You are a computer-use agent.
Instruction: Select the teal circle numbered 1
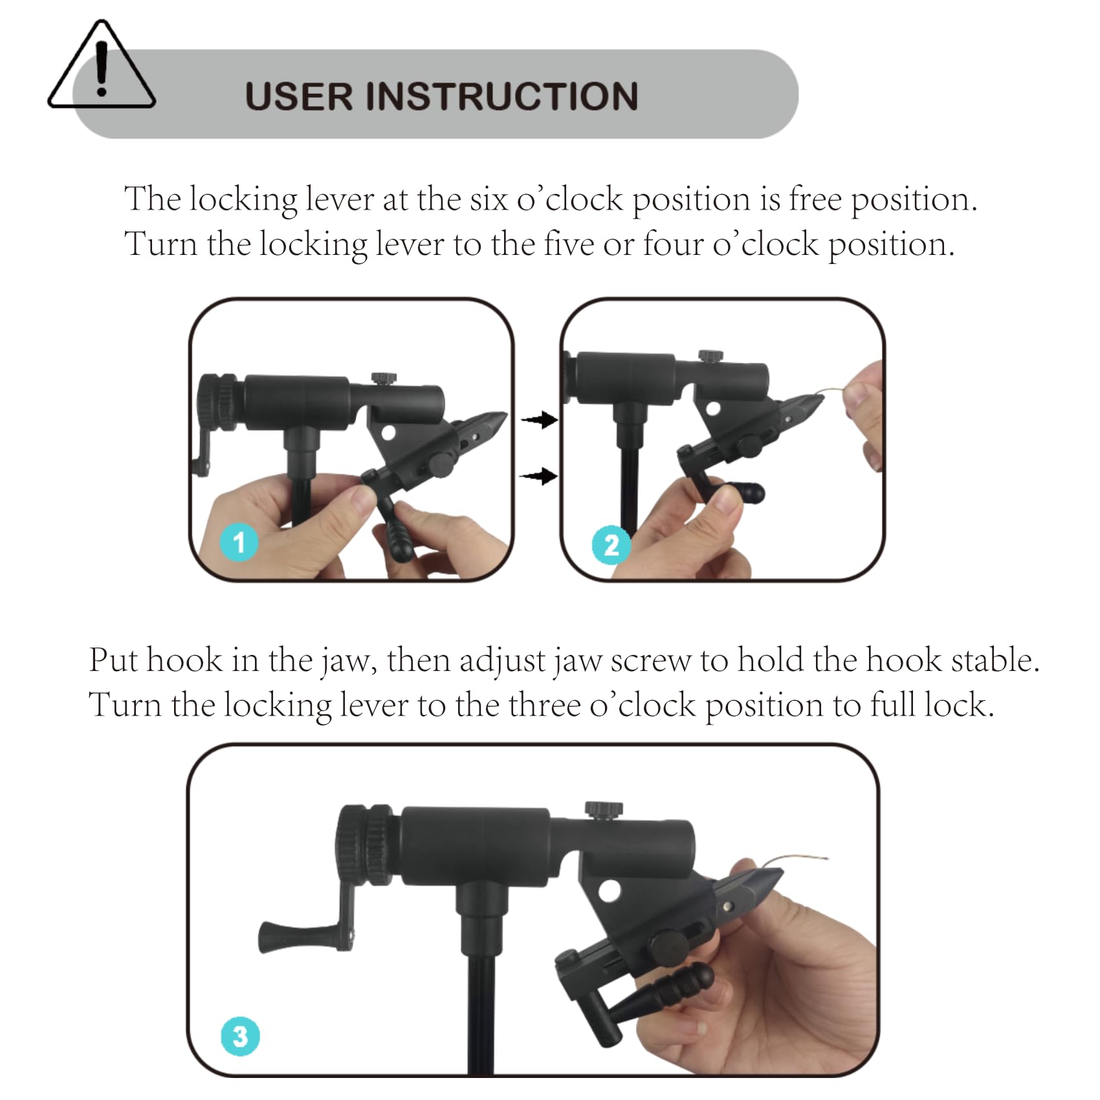[239, 542]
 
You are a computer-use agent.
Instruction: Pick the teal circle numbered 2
[611, 545]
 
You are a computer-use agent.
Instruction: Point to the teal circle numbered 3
[240, 1037]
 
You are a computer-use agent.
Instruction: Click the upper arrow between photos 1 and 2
[539, 420]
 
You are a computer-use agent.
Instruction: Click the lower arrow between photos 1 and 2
[539, 476]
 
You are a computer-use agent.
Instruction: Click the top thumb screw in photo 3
[604, 809]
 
